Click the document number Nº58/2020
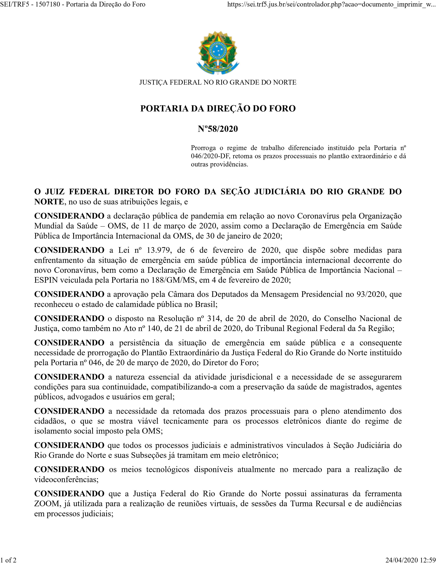point(218,129)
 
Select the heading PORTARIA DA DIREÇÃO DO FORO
point(218,109)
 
